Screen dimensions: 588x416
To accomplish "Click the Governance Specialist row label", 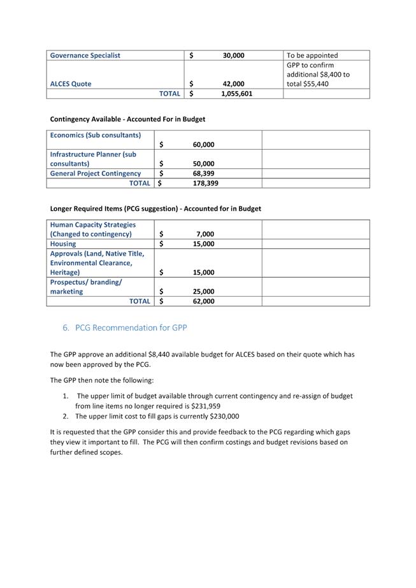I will pyautogui.click(x=85, y=55).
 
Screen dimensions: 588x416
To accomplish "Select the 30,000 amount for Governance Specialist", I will pyautogui.click(x=233, y=55).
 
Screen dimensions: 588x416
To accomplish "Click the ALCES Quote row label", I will pyautogui.click(x=71, y=84).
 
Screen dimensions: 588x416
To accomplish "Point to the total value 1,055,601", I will pyautogui.click(x=236, y=94).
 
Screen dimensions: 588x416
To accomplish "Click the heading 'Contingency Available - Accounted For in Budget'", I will pyautogui.click(x=127, y=119).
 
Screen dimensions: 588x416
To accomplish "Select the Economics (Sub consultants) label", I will pyautogui.click(x=95, y=135).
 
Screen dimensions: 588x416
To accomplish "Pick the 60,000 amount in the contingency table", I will pyautogui.click(x=203, y=145).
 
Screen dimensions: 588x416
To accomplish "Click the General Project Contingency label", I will pyautogui.click(x=96, y=173).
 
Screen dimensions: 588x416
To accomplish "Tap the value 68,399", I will pyautogui.click(x=203, y=173).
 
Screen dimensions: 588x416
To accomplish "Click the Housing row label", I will pyautogui.click(x=62, y=243).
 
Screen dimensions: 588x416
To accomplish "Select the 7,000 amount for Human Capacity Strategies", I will pyautogui.click(x=205, y=234).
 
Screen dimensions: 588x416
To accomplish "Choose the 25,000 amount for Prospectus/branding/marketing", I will pyautogui.click(x=203, y=291).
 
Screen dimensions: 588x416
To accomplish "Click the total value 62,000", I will pyautogui.click(x=203, y=301).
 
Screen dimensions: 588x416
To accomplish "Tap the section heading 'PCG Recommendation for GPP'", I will pyautogui.click(x=131, y=327).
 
